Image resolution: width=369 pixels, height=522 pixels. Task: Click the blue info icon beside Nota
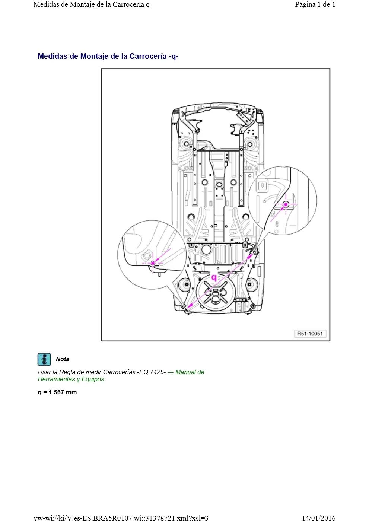coord(44,359)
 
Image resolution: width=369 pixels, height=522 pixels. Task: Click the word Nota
coord(63,359)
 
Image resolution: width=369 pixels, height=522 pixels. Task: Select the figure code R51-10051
coord(310,334)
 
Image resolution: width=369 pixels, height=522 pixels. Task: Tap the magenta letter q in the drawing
coord(214,277)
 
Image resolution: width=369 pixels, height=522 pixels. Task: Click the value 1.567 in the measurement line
coord(56,392)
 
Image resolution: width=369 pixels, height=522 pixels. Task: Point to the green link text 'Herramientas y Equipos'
coord(71,379)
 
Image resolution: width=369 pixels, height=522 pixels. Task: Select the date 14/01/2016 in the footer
coord(318,518)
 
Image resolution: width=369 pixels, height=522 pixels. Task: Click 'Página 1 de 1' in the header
coord(315,4)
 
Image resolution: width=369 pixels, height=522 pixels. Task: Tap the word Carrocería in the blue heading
coord(148,56)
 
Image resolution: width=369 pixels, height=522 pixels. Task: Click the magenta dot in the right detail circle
coord(286,204)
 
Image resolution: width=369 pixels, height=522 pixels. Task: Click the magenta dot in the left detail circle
coord(153,263)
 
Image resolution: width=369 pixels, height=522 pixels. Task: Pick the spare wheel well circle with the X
coord(216,292)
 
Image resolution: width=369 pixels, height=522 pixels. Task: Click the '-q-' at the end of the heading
coord(174,56)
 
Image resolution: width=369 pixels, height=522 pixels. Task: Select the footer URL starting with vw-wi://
coord(121,518)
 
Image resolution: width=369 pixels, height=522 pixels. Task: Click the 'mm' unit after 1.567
coord(71,392)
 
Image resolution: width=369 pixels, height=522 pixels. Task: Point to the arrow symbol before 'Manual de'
coord(171,372)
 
